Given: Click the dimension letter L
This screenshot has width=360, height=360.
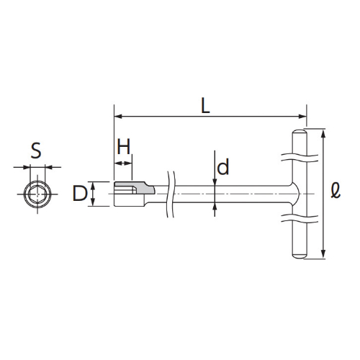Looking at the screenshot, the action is (205, 106).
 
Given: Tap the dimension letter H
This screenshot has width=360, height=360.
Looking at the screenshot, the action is (124, 146).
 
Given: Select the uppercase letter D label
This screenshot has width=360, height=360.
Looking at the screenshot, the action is (80, 194).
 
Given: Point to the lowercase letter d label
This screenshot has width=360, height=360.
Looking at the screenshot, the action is (223, 167).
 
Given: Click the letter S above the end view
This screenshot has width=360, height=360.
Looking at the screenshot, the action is (36, 150).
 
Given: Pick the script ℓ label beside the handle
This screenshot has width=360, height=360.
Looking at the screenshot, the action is (336, 190).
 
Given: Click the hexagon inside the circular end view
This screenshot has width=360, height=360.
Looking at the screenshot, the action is (37, 194).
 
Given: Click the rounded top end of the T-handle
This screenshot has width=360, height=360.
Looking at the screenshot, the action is (300, 132).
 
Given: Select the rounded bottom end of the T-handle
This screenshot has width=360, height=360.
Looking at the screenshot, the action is (300, 256).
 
